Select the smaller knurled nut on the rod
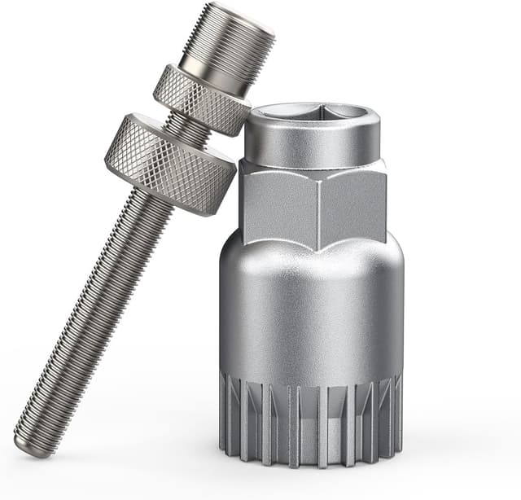(202, 99)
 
